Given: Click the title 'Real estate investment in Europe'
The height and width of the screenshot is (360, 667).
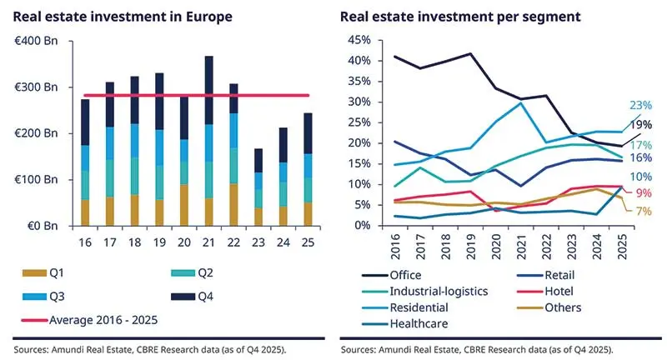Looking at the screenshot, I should click(x=123, y=17).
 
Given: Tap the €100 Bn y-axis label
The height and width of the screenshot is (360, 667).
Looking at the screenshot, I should click(x=36, y=180).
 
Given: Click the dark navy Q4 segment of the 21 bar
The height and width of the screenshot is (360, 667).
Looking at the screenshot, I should click(x=208, y=91).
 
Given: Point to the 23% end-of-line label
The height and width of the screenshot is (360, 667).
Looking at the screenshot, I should click(x=640, y=106).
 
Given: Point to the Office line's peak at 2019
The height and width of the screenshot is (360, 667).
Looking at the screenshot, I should click(x=472, y=54).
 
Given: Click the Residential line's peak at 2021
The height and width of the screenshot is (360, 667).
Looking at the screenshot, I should click(x=521, y=103).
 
